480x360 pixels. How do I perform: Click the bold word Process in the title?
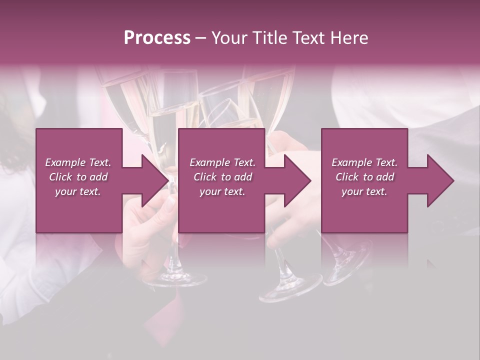tap(157, 38)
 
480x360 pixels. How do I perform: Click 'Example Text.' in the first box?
tap(78, 162)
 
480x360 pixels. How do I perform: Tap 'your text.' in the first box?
tap(78, 191)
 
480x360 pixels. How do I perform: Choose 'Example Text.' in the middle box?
tap(222, 162)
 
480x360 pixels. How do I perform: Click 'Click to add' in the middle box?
tap(222, 177)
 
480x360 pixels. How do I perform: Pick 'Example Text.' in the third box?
tap(364, 162)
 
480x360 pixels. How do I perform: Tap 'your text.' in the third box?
tap(364, 191)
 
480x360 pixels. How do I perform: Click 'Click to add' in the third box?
tap(364, 177)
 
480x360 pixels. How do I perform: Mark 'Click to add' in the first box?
tap(78, 177)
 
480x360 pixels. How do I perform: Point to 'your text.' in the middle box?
tap(222, 191)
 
